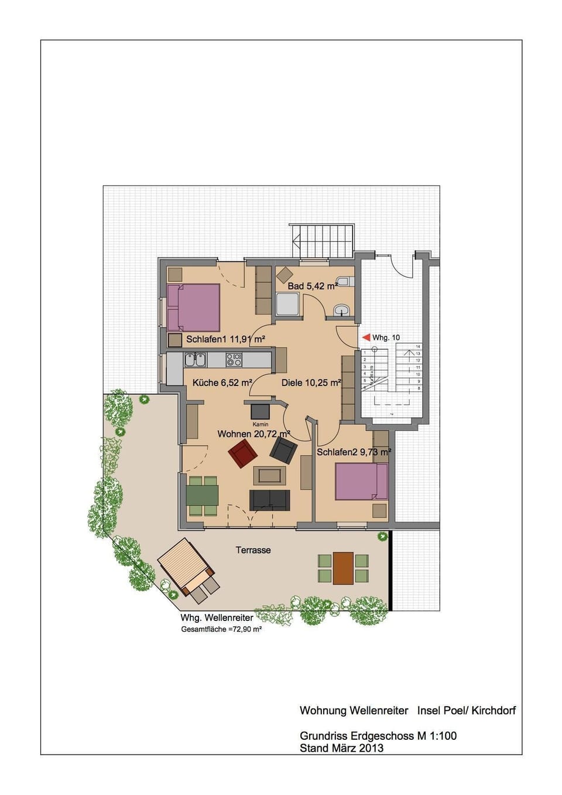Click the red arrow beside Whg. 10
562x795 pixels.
366,337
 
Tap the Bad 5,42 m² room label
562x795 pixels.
312,286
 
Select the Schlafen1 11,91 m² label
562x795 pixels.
225,339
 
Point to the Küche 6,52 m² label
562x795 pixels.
222,383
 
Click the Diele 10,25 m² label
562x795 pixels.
311,383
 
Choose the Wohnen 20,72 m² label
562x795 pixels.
253,434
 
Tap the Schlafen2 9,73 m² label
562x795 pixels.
354,452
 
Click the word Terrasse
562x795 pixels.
253,550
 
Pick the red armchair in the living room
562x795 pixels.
243,453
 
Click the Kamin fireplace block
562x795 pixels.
261,411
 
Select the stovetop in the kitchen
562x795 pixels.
234,359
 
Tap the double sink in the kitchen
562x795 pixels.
195,359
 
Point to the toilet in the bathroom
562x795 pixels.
344,282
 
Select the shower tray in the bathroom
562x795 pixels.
288,305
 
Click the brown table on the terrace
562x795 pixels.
343,568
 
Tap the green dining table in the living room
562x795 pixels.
203,494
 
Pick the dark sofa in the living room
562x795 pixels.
269,500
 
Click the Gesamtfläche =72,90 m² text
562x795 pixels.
221,629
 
